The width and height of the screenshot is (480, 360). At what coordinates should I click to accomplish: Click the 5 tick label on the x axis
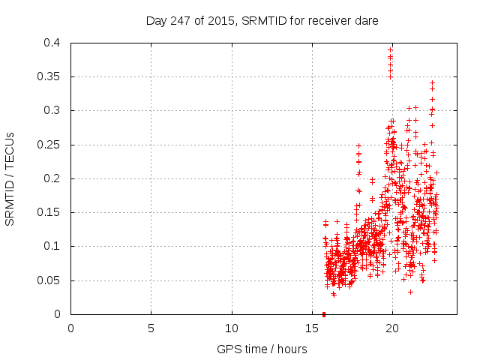(151, 328)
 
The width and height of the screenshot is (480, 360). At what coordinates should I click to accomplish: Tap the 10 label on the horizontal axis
(232, 328)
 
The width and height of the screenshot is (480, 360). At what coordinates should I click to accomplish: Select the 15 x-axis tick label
(312, 328)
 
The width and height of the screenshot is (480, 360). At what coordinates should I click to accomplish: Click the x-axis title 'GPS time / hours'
(263, 349)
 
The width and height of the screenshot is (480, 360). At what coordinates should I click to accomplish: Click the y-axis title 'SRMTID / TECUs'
(10, 178)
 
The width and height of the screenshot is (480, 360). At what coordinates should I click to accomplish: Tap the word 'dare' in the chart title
(366, 21)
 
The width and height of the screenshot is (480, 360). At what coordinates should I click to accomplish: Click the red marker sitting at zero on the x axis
(323, 313)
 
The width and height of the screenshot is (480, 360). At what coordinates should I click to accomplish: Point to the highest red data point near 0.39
(390, 49)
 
